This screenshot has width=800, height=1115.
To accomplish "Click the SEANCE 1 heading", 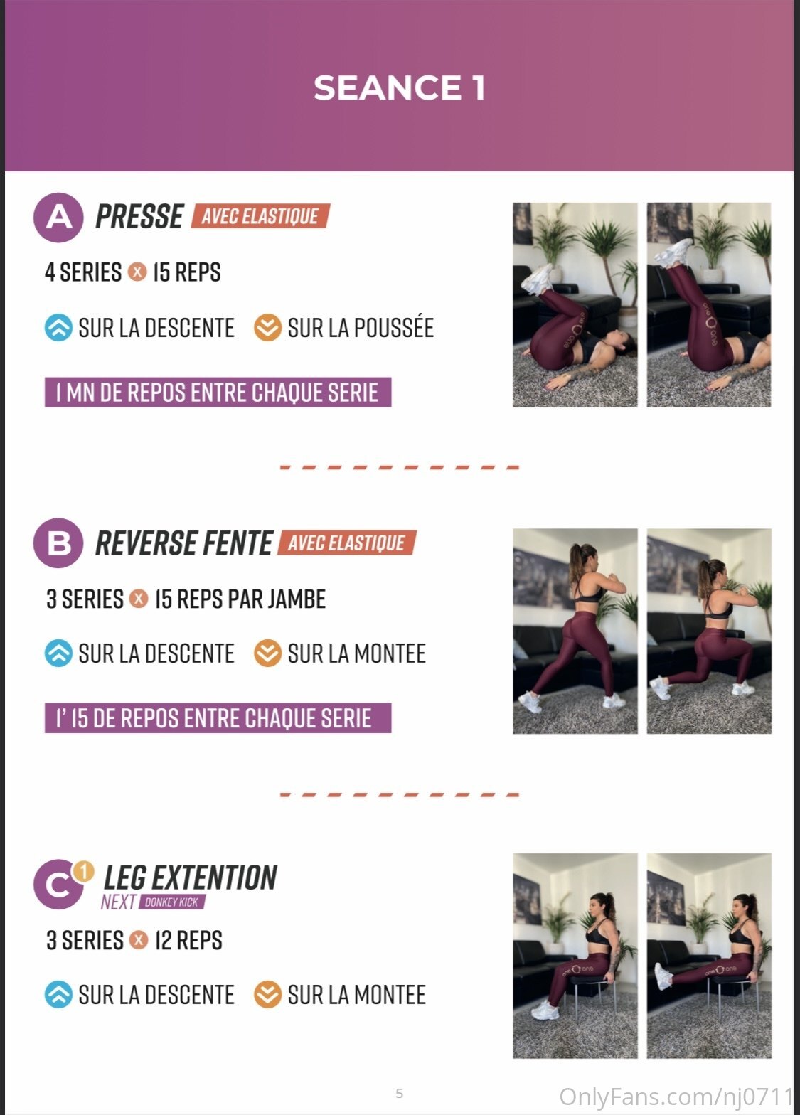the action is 399,88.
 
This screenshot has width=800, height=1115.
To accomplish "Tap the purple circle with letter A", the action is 58,218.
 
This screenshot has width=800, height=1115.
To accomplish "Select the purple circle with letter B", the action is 58,543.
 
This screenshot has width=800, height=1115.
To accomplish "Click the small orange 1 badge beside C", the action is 84,871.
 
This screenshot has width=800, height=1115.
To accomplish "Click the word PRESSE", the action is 139,216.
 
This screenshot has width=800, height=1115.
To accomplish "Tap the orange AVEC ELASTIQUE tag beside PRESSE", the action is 260,216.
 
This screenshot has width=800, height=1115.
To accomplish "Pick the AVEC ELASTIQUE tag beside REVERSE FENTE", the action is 347,542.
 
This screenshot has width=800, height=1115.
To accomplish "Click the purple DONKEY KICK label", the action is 172,902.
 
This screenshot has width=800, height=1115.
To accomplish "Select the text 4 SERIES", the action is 83,272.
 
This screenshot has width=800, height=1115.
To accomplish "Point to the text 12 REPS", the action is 188,940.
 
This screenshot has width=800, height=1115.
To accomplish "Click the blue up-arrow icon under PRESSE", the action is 58,328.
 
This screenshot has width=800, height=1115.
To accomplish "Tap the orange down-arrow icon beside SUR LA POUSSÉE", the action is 267,328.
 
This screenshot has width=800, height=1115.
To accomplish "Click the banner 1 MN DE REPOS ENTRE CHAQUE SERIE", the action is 218,393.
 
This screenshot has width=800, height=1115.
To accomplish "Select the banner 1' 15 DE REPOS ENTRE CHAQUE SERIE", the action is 218,717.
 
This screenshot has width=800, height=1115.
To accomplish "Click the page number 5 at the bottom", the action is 399,1094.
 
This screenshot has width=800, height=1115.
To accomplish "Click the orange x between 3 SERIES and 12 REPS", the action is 139,940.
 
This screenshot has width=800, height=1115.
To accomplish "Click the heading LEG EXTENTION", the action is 190,877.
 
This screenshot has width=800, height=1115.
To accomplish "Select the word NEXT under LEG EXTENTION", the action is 119,902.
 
